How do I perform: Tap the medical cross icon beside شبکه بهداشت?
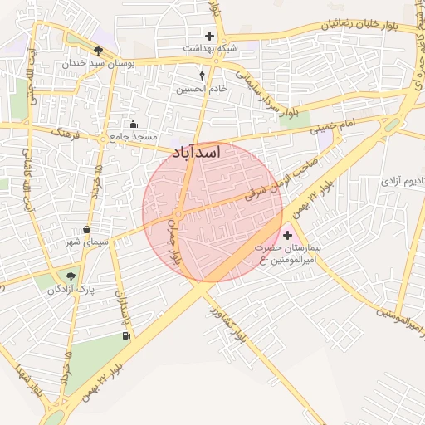(209, 36)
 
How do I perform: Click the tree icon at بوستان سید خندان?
(98, 50)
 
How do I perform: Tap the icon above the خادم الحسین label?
(202, 76)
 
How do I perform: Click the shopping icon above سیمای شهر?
(87, 230)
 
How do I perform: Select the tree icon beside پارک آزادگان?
(71, 276)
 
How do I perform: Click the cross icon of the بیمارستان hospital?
(288, 236)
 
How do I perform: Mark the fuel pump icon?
(126, 336)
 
